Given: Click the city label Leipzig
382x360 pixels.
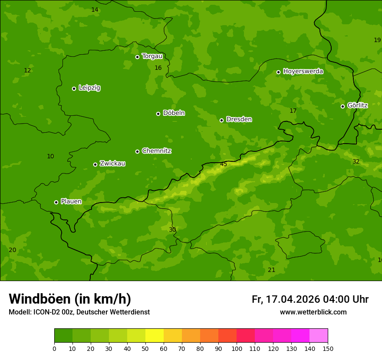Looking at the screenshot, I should [x=89, y=88].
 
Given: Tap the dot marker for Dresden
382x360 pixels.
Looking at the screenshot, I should [x=221, y=120].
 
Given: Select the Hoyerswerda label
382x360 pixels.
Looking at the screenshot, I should [x=303, y=71].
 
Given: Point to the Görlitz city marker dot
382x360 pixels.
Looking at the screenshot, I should [x=342, y=106].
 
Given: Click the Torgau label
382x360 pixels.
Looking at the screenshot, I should [x=152, y=56].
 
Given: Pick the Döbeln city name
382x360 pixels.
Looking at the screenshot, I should [x=174, y=113].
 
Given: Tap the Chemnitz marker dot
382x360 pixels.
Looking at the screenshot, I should [x=137, y=151].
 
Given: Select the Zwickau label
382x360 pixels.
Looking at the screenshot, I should [x=112, y=164].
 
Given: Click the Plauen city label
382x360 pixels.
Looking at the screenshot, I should [x=71, y=202].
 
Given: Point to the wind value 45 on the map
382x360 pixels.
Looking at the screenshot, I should [x=224, y=164].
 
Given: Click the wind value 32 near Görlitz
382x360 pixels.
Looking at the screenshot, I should [x=356, y=161].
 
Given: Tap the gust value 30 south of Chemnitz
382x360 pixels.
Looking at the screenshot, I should [x=172, y=229].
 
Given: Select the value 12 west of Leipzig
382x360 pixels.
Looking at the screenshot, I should [x=27, y=70].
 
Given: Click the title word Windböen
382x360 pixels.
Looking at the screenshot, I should [x=40, y=299].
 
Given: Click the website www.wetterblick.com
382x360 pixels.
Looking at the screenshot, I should [x=313, y=312].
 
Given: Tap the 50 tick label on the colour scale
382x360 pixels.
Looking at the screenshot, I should [x=145, y=348].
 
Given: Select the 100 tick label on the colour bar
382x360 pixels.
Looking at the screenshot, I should [x=237, y=348].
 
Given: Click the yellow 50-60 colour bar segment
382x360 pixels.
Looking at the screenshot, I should [x=155, y=336].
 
